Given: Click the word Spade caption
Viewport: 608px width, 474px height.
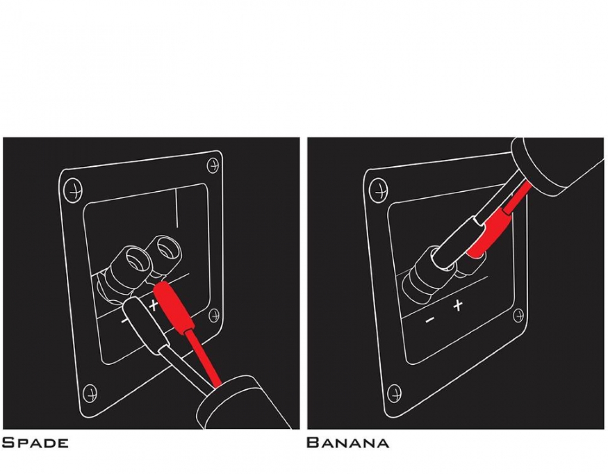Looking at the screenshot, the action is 35,443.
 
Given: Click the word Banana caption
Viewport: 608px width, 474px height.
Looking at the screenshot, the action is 348,443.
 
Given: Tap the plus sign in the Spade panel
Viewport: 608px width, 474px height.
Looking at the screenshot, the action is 154,305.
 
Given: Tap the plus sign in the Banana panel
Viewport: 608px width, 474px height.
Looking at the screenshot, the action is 457,305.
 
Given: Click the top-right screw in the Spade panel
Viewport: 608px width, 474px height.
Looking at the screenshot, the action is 212,165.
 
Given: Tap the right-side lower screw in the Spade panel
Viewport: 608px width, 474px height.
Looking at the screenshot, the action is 214,316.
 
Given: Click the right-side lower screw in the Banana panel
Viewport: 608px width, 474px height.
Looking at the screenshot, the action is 518,316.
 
